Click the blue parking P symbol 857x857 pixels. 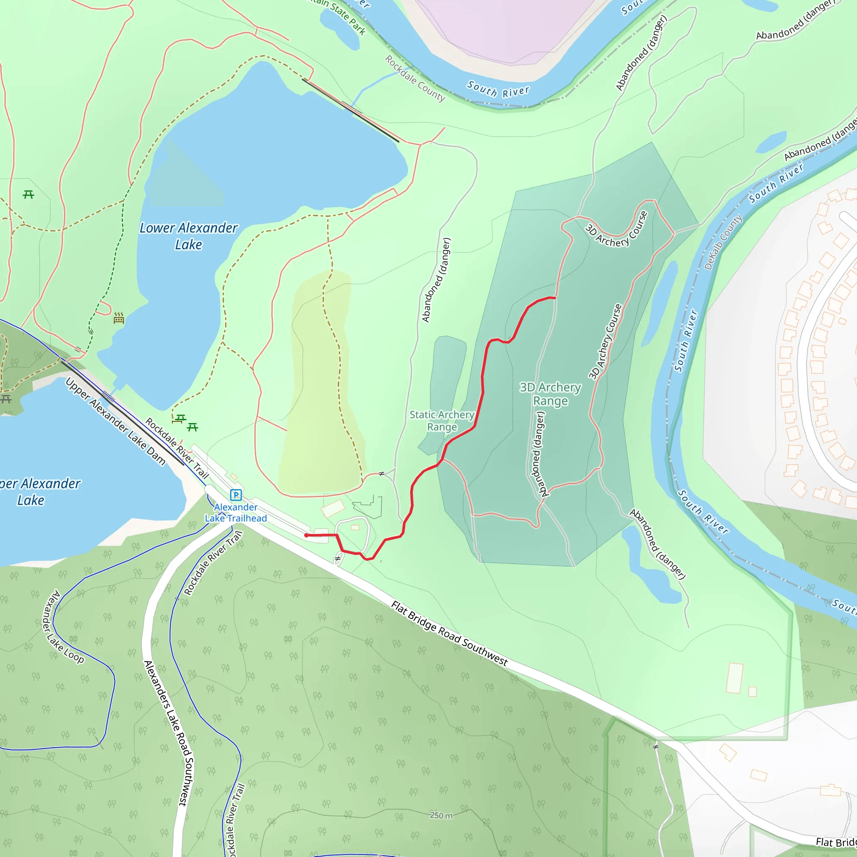236,495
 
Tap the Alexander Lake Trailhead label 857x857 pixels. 236,513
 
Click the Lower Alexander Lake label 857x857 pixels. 189,236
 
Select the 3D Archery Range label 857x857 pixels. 550,394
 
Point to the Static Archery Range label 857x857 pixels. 442,421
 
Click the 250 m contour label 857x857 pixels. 441,815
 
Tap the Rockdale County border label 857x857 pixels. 415,79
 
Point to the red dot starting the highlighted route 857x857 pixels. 306,535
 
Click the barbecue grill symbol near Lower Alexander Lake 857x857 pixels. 119,318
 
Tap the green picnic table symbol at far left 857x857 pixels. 28,194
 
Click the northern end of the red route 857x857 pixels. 555,298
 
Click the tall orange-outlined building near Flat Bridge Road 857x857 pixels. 735,678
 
